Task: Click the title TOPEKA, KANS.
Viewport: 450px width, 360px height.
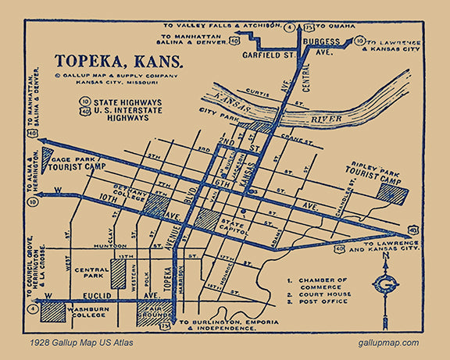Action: (x=119, y=61)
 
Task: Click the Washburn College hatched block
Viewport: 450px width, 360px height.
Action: (x=52, y=311)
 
